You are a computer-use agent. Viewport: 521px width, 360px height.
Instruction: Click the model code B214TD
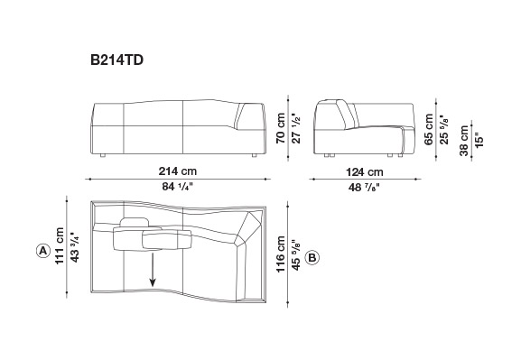click(117, 60)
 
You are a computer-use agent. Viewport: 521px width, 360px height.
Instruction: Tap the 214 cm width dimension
click(178, 171)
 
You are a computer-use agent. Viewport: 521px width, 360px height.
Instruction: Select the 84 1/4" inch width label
click(178, 187)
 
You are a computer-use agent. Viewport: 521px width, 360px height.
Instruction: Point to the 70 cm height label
click(281, 128)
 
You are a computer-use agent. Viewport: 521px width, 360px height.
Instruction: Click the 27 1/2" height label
click(296, 128)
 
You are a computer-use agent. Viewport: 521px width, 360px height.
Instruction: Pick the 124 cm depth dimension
click(365, 172)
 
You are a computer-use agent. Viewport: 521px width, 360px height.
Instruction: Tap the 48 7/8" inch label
click(364, 188)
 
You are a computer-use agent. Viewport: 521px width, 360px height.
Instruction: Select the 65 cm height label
click(429, 129)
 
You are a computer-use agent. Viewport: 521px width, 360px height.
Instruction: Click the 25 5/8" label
click(444, 130)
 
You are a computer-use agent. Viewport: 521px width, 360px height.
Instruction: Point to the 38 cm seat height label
click(464, 141)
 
